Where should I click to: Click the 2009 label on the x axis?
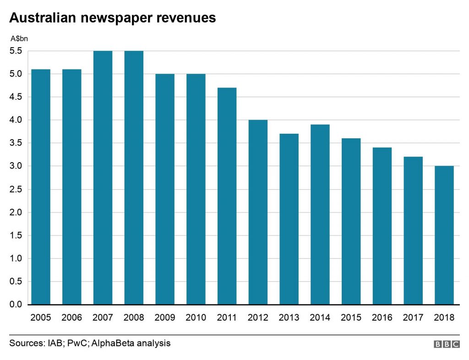click(165, 317)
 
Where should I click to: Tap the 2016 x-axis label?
click(382, 317)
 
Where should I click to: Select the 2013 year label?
click(289, 317)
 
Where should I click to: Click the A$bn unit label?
click(19, 38)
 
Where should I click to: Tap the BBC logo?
click(446, 344)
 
